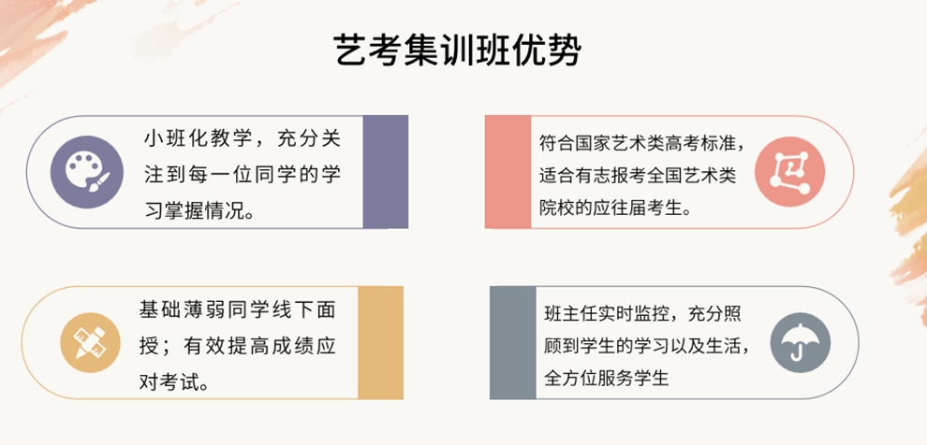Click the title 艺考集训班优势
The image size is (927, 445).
[x=457, y=49]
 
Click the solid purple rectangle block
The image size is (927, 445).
[x=385, y=172]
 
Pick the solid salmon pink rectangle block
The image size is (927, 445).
[x=508, y=172]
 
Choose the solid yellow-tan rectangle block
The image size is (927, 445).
[x=380, y=342]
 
